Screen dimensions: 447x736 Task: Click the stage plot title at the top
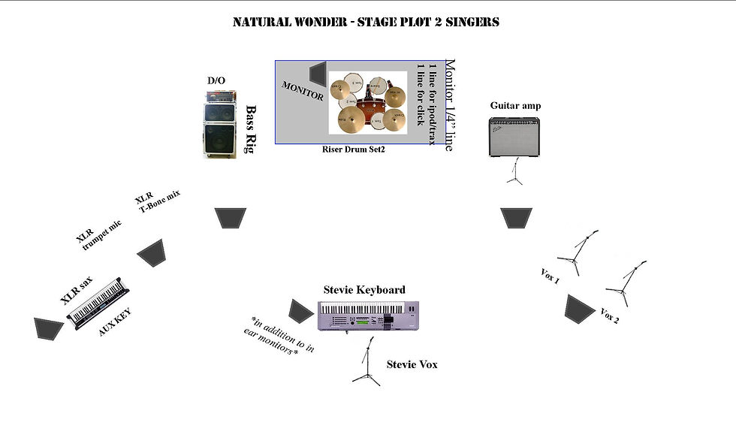366,22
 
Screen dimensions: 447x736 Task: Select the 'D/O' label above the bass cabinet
216,80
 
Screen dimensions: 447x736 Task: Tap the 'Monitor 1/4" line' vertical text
450,105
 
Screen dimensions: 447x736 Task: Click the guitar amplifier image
516,137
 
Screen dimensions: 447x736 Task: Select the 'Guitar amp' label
515,106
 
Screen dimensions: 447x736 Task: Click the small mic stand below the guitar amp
515,172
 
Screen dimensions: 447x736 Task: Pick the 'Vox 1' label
550,276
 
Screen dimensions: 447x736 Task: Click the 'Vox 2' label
610,316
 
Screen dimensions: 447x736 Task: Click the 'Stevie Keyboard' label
364,289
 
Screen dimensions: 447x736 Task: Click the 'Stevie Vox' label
412,364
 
